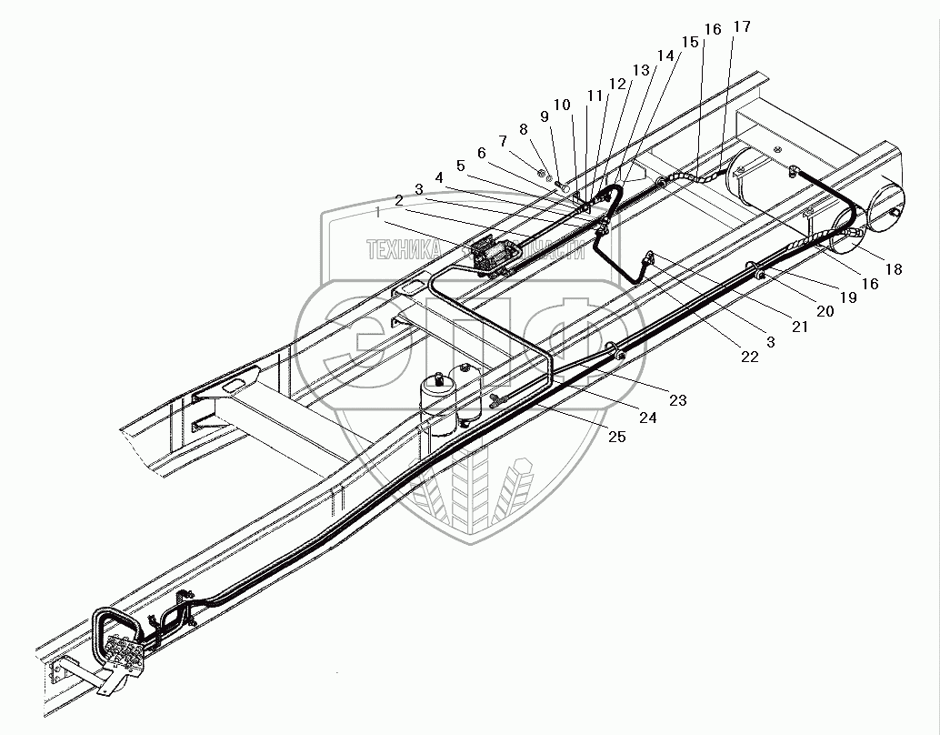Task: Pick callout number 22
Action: (x=748, y=357)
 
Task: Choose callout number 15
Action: (x=689, y=42)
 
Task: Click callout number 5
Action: (x=461, y=166)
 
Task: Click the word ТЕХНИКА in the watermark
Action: (x=404, y=247)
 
